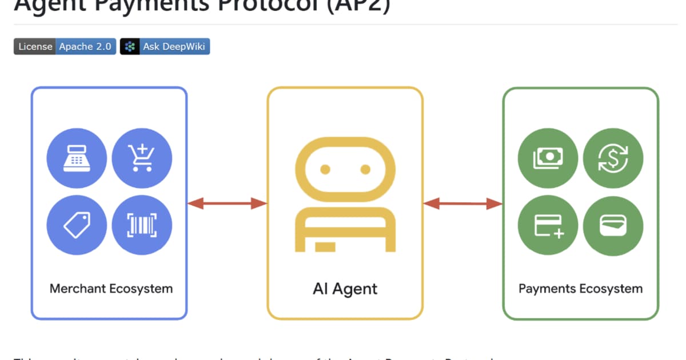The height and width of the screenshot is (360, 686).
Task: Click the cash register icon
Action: click(77, 157)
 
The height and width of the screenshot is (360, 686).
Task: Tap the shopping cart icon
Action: click(142, 157)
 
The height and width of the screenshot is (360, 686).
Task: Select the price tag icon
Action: click(77, 225)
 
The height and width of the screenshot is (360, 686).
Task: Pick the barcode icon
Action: click(142, 225)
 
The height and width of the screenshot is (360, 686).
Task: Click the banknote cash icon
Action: click(548, 157)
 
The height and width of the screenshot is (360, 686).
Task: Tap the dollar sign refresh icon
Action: click(613, 157)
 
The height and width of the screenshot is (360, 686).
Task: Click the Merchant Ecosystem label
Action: click(111, 289)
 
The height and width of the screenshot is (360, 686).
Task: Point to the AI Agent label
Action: click(345, 289)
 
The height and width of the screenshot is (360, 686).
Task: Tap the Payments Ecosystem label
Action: click(580, 289)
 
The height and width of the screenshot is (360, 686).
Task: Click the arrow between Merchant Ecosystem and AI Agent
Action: click(227, 203)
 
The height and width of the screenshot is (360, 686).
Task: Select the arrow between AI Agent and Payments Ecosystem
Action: click(462, 203)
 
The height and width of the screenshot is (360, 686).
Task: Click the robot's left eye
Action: click(325, 169)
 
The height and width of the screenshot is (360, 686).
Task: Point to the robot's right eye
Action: click(365, 169)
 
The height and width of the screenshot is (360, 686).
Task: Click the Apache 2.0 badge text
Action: click(85, 47)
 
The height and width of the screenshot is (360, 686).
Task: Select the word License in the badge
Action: click(35, 47)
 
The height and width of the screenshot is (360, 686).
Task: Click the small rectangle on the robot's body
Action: click(325, 246)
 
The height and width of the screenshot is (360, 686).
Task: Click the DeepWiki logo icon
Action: click(130, 47)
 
